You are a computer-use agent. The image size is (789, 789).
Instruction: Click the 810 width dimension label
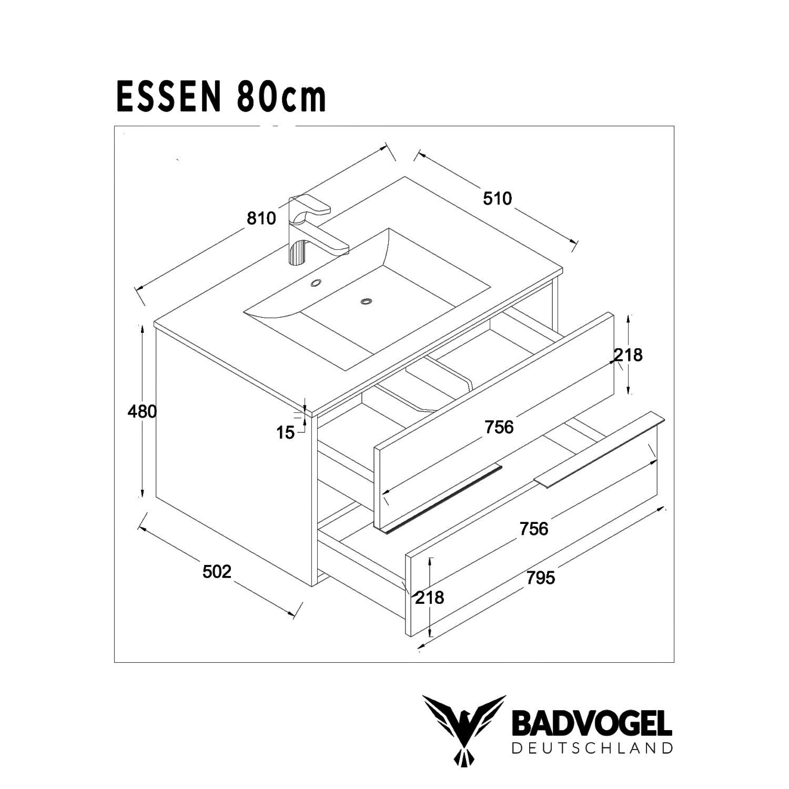[x=261, y=218]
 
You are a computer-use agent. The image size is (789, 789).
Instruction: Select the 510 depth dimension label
[x=497, y=198]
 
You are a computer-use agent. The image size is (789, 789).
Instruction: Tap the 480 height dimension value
[x=142, y=411]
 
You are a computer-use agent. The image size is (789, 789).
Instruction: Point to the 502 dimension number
[x=217, y=571]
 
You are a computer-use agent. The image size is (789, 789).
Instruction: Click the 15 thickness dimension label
[x=286, y=433]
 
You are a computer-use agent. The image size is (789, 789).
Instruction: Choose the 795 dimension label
[x=540, y=578]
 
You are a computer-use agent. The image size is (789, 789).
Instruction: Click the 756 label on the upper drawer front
[x=499, y=427]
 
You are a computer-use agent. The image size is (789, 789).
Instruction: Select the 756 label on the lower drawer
[x=533, y=529]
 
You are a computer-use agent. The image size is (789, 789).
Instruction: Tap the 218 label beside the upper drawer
[x=629, y=355]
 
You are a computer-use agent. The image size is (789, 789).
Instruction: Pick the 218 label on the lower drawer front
[x=430, y=598]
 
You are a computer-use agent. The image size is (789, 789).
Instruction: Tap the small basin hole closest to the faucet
[x=316, y=283]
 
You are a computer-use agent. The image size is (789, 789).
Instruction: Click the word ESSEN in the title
[x=168, y=97]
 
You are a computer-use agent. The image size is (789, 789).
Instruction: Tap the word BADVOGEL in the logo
[x=591, y=724]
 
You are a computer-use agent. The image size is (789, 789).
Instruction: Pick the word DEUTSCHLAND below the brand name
[x=591, y=748]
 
